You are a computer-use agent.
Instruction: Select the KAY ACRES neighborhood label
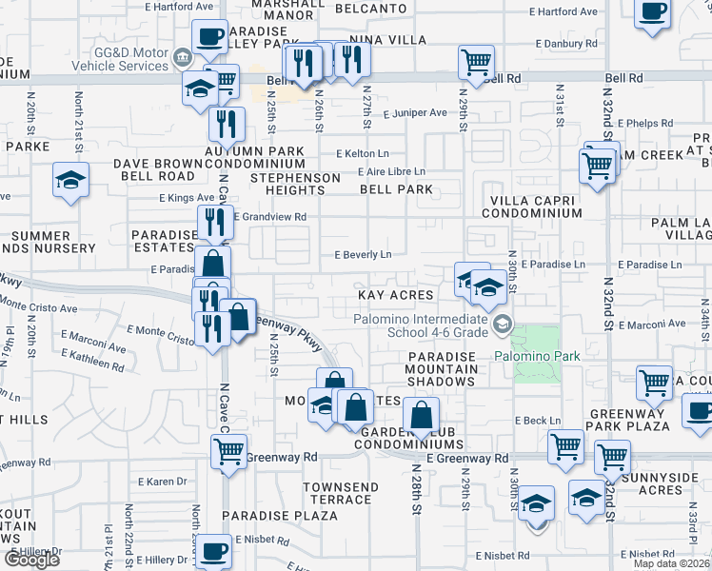(x=395, y=296)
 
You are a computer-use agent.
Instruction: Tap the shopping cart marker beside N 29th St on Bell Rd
(x=476, y=63)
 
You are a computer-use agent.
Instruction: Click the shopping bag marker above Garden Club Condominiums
(x=420, y=415)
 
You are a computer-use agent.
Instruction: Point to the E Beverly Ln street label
(x=363, y=255)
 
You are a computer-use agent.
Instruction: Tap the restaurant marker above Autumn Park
(x=227, y=124)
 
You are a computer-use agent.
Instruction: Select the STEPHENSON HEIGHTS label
(x=295, y=184)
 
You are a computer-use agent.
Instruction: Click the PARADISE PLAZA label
(x=280, y=516)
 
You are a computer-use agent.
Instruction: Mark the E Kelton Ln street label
(x=363, y=153)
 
